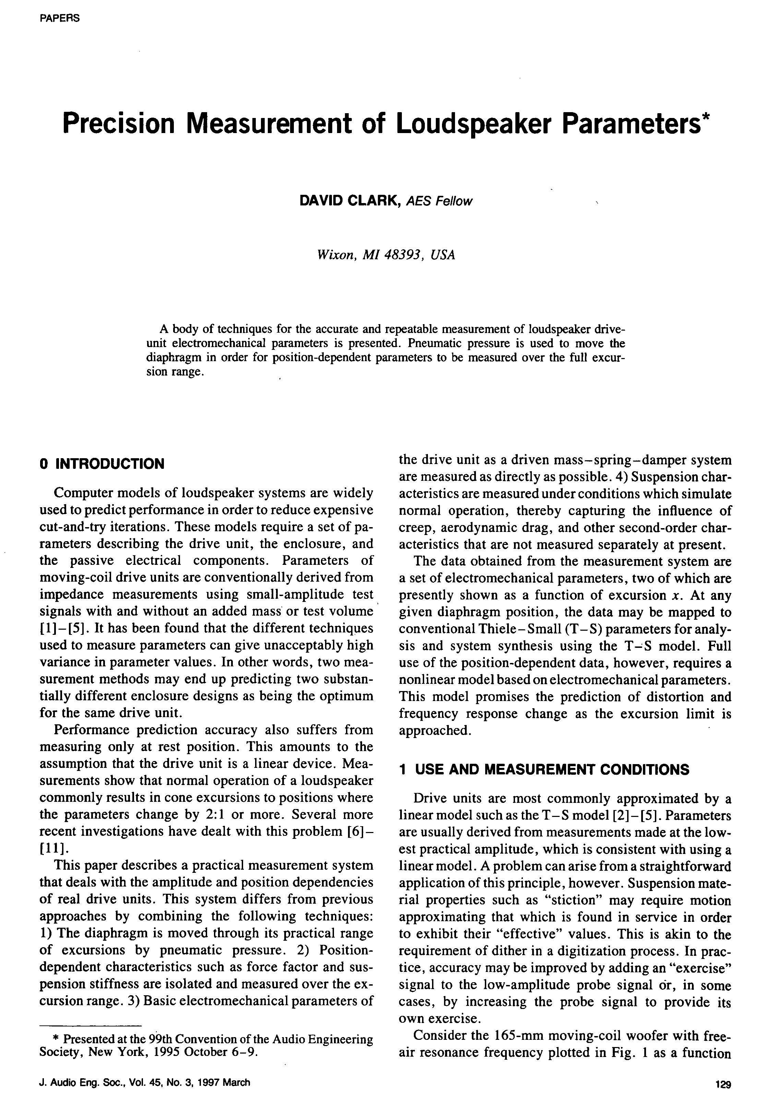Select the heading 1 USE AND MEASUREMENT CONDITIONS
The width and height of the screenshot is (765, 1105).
click(x=544, y=770)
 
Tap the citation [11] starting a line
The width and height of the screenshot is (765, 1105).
click(x=49, y=848)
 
